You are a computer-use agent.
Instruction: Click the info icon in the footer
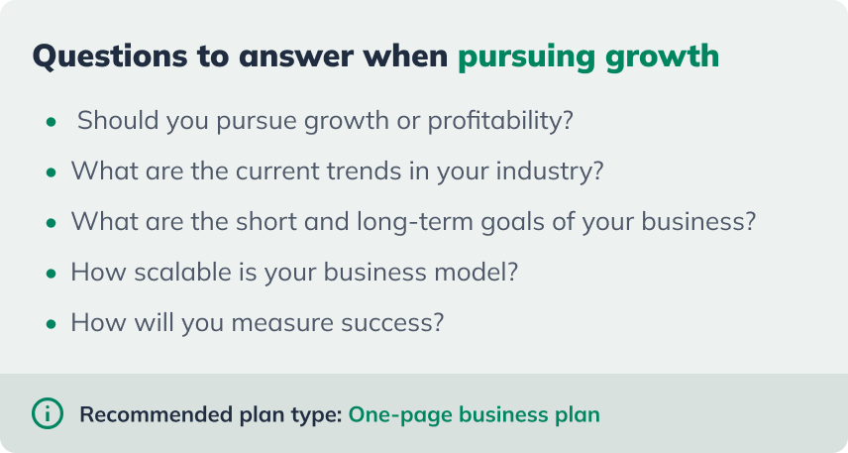click(x=48, y=412)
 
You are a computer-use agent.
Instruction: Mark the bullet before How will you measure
click(x=51, y=324)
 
